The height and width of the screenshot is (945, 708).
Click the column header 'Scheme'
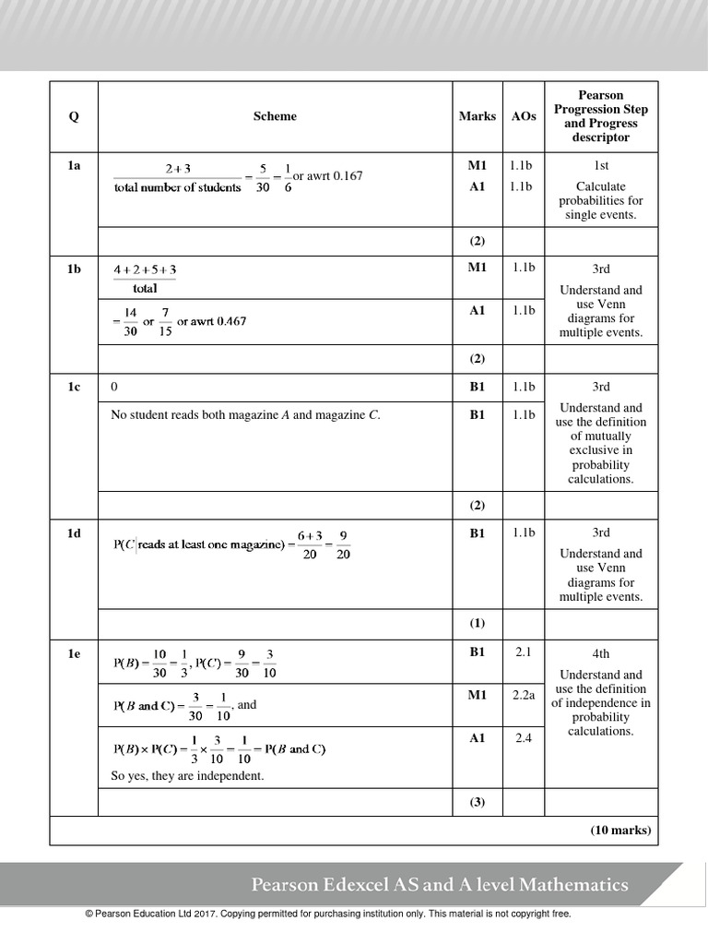point(275,116)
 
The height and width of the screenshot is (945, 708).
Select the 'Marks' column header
point(477,116)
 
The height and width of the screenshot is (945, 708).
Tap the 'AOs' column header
point(523,116)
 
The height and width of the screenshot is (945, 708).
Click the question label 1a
point(74,165)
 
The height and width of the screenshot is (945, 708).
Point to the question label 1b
point(74,269)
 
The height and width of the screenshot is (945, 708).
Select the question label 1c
point(74,387)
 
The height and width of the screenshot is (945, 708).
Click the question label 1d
point(74,532)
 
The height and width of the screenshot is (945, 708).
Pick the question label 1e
point(74,652)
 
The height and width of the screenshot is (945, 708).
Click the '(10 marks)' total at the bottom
point(620,830)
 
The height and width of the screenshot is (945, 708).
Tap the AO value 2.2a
point(524,695)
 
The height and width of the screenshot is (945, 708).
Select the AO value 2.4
point(524,737)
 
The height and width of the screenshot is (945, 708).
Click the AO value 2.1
point(524,652)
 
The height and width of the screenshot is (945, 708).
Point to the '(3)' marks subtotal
point(477,802)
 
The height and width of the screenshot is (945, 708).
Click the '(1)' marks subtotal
point(477,623)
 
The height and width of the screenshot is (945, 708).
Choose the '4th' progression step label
point(601,653)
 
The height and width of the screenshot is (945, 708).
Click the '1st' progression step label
point(601,165)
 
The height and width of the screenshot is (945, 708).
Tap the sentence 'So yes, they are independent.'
point(187,776)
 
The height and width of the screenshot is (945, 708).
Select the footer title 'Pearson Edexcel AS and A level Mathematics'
point(440,885)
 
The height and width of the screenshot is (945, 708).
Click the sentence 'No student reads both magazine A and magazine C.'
point(245,415)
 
